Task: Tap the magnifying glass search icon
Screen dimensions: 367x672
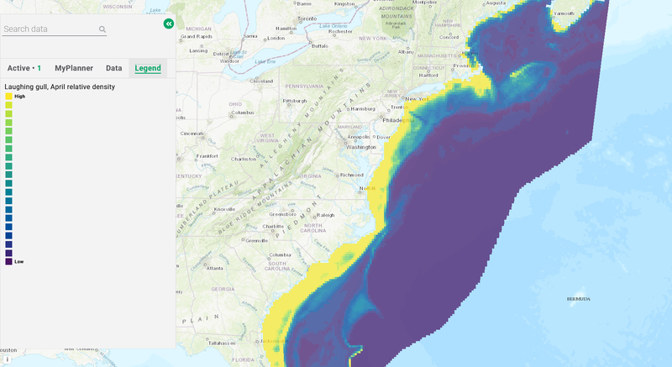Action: (x=102, y=29)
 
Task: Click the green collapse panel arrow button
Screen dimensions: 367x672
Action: (x=169, y=24)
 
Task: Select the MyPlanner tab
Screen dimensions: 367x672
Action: (x=74, y=68)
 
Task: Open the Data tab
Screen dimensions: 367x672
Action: (x=113, y=68)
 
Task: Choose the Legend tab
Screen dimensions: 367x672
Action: (x=148, y=68)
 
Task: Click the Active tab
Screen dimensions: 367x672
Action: (x=24, y=68)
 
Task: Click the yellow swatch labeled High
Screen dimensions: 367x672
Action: (x=8, y=97)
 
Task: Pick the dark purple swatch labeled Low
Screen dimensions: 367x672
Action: (x=8, y=261)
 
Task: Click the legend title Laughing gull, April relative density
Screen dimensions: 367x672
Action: (x=60, y=87)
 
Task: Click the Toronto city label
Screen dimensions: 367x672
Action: (x=307, y=18)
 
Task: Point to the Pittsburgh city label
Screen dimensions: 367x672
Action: (x=295, y=101)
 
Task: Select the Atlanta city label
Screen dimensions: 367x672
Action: (x=215, y=269)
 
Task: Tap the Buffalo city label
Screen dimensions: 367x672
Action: (x=319, y=46)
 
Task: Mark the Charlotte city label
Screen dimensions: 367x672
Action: (x=274, y=227)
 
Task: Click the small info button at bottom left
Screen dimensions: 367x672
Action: (x=7, y=359)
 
